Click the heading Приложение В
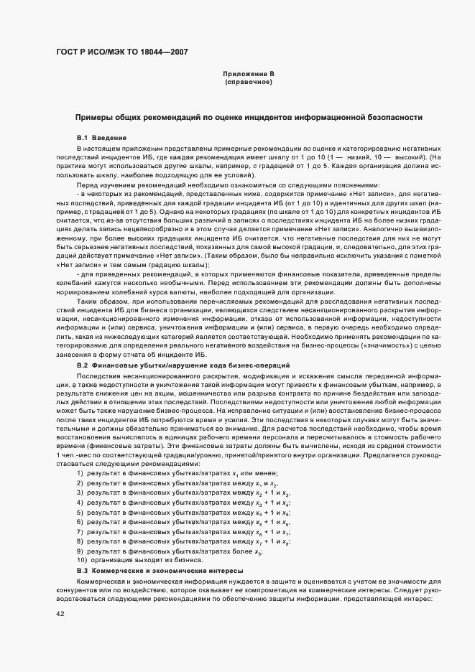pyautogui.click(x=249, y=75)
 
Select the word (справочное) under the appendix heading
pyautogui.click(x=249, y=83)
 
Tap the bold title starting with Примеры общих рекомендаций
pyautogui.click(x=249, y=116)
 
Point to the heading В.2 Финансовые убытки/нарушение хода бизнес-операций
pyautogui.click(x=168, y=366)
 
